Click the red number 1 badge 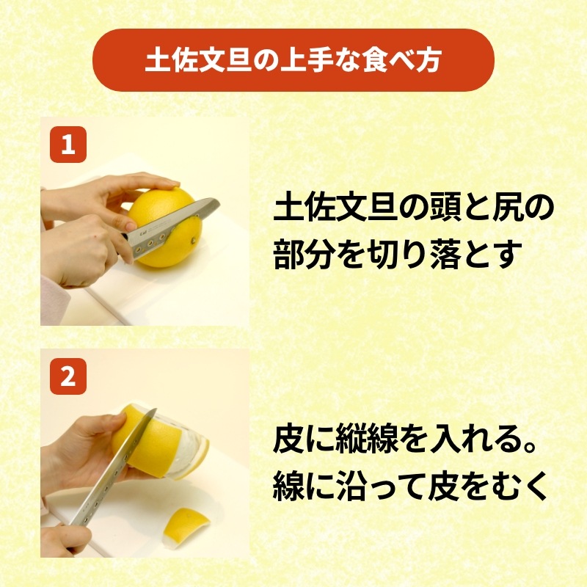coord(68,145)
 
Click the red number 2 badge coord(68,376)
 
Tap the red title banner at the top coord(293,60)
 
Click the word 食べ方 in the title coord(401,60)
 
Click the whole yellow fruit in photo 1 coord(165,227)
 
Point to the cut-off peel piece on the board coord(186,522)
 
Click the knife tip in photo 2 coord(156,409)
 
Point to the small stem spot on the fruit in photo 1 coord(194,240)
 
